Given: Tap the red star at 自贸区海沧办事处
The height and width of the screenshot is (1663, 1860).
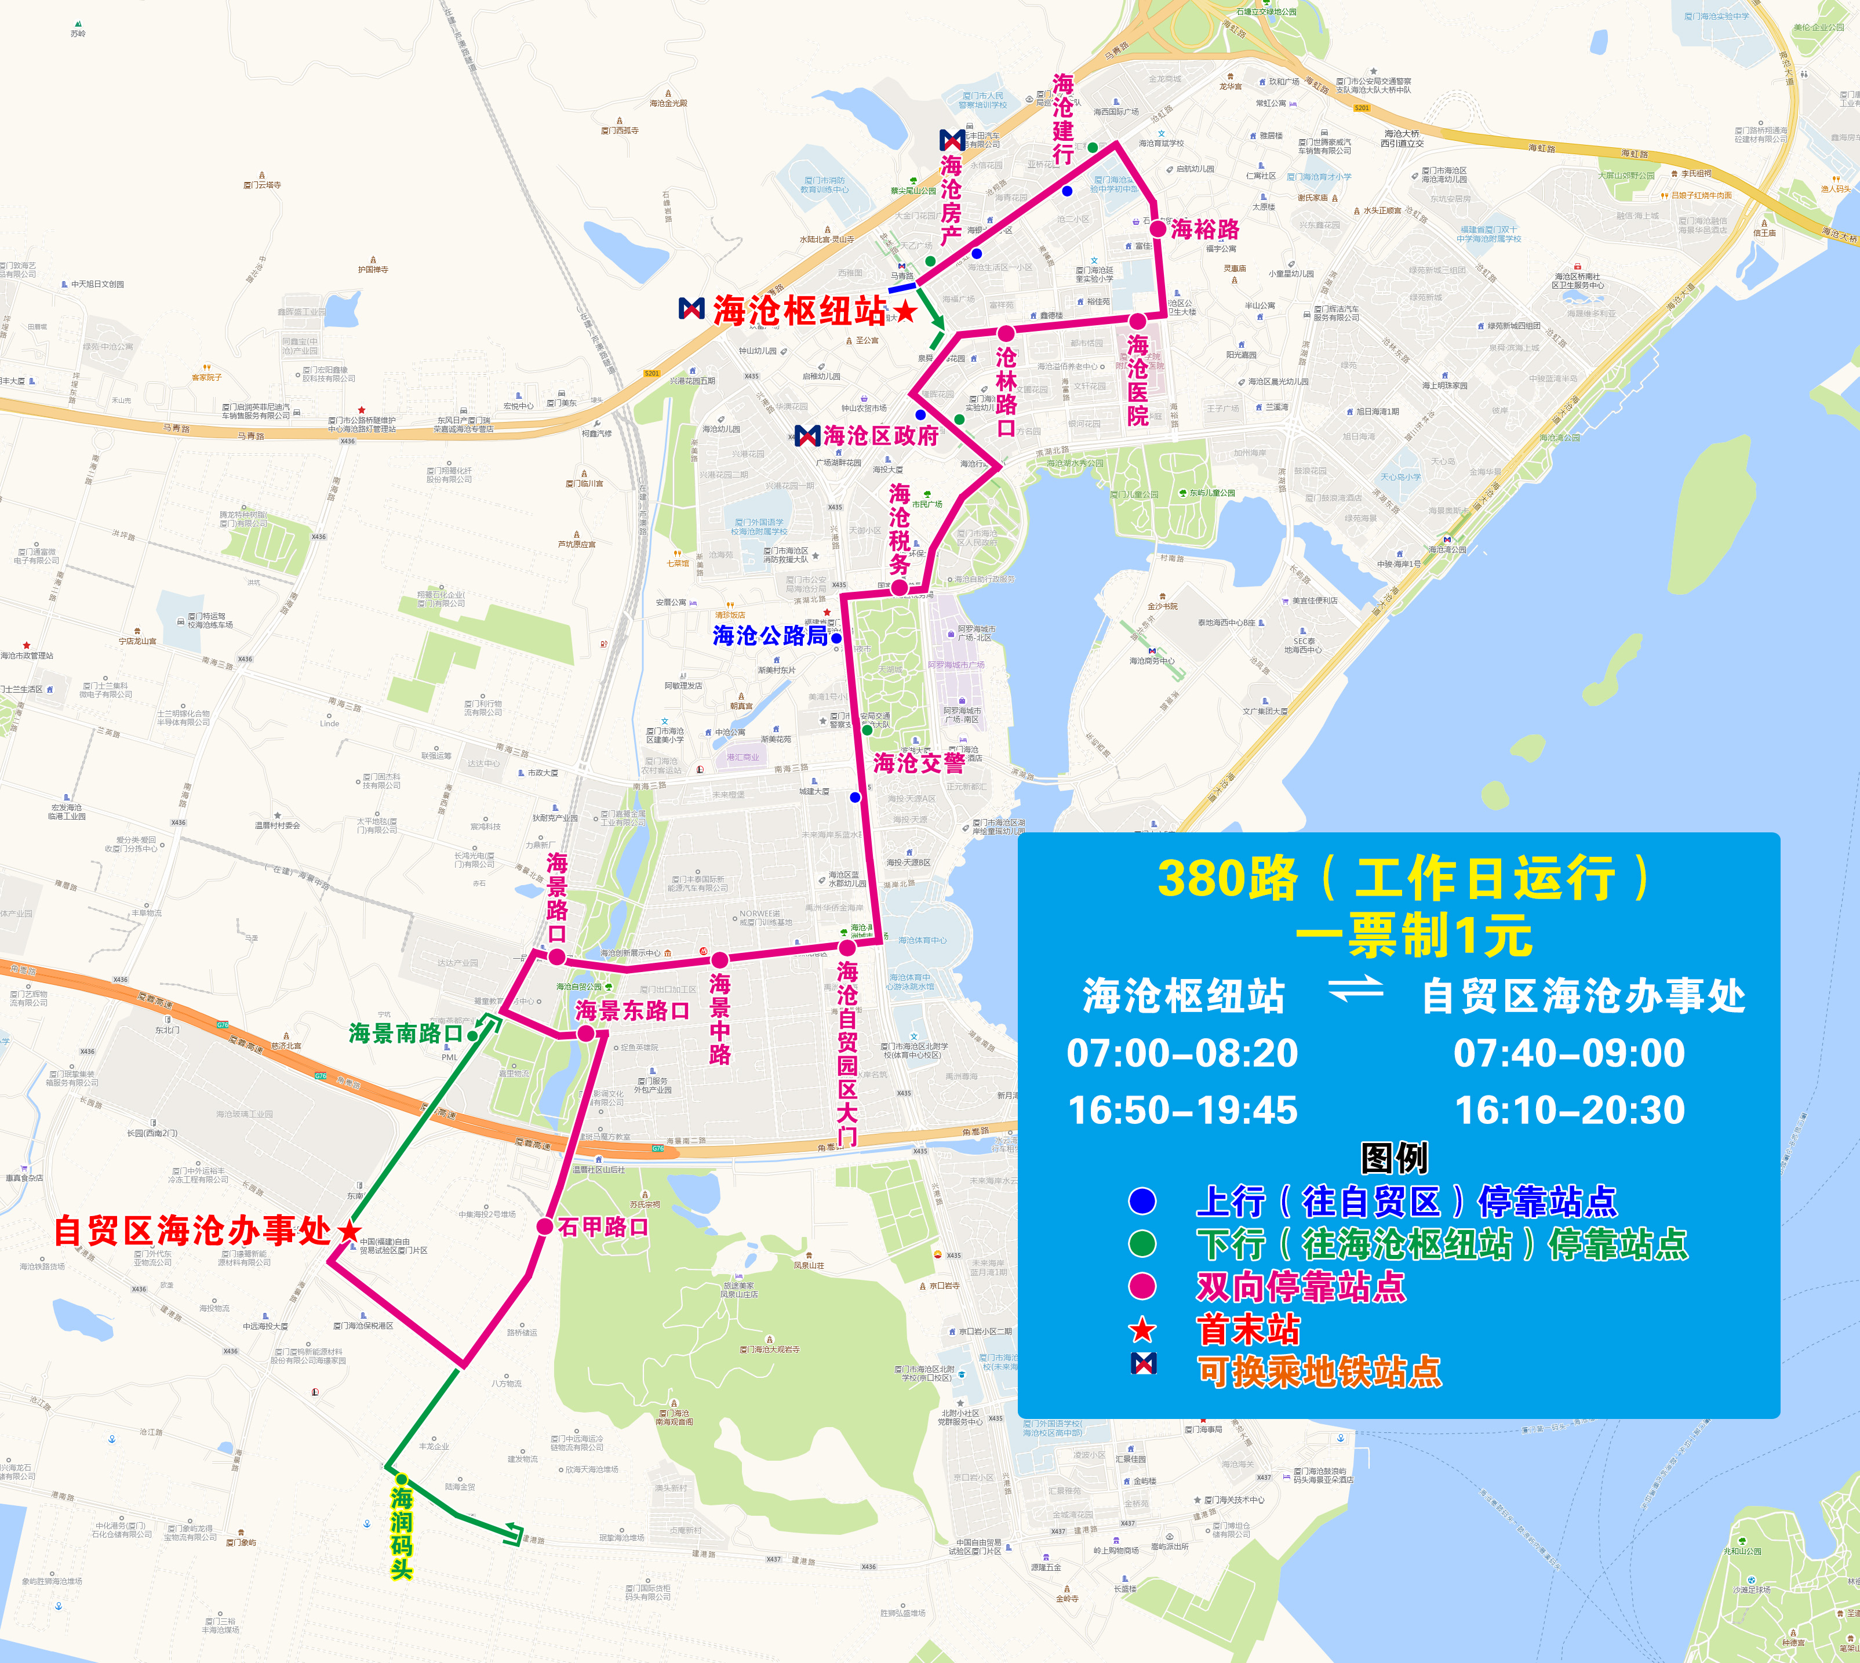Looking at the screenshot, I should pos(349,1231).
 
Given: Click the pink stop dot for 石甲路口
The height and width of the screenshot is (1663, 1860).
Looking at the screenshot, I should pos(544,1226).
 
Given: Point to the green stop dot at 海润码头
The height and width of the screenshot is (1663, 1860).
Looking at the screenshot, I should pos(401,1479).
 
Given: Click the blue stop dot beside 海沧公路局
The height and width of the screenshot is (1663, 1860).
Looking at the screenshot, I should pos(836,638).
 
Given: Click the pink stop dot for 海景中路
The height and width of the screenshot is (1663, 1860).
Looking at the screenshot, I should pos(720,959).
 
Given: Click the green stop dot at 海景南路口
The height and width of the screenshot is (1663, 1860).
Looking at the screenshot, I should pos(472,1035).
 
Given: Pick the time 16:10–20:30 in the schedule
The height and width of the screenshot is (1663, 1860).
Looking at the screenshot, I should pos(1570,1109).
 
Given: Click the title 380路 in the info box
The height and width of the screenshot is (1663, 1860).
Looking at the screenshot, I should pos(1227,878).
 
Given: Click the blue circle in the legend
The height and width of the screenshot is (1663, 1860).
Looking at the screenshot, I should pos(1142,1200).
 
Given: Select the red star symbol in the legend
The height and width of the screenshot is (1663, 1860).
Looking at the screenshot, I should pos(1142,1330).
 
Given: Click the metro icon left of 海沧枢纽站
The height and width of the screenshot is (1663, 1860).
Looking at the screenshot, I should pos(691,309).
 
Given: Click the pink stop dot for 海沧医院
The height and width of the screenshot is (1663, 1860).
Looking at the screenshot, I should pos(1137,321).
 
